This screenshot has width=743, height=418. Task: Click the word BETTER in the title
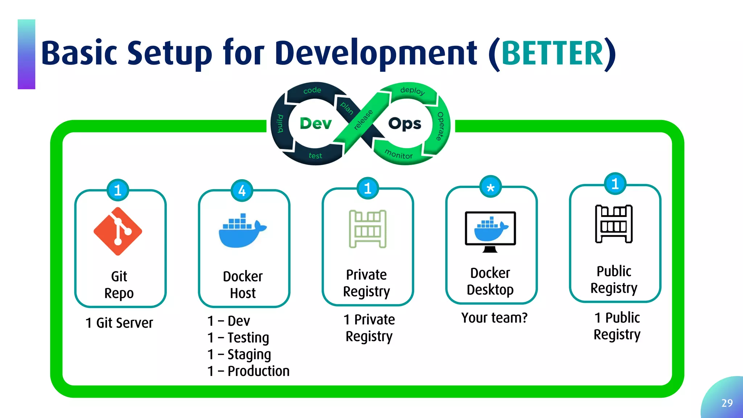pos(552,53)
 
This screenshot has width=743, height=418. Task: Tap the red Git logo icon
pos(118,231)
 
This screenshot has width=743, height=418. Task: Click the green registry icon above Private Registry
pos(368,229)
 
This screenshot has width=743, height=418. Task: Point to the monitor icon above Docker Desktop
pos(490,231)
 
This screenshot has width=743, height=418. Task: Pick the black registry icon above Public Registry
pos(614,224)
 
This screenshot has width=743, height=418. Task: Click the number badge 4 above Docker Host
pos(242,190)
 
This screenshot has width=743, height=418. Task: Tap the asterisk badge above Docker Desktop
pos(490,187)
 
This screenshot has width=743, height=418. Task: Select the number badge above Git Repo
pos(118,190)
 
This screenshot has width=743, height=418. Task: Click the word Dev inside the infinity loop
pos(316,123)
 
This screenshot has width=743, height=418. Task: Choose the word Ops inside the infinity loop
pos(405,123)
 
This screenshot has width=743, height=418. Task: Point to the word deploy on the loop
pos(412,90)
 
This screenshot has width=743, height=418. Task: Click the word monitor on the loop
pos(398,154)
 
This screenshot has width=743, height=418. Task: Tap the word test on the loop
pos(315,156)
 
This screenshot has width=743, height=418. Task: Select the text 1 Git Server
pos(119,323)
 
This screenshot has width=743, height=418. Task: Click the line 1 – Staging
pos(239,354)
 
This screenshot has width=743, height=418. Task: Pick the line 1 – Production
pos(249,371)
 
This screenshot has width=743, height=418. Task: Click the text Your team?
pos(494,317)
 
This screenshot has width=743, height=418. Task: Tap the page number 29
pos(727,403)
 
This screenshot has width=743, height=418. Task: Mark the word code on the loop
pos(312,90)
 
